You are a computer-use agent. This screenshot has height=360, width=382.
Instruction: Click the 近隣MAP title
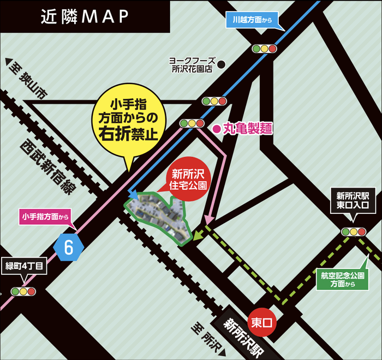pyautogui.click(x=85, y=16)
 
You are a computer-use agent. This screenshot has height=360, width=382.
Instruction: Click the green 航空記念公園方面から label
pyautogui.click(x=334, y=279)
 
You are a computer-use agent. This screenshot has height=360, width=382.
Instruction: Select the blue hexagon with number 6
pyautogui.click(x=69, y=247)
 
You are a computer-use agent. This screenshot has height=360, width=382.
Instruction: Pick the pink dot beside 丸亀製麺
pyautogui.click(x=216, y=129)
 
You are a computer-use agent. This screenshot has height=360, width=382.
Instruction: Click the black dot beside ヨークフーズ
pyautogui.click(x=222, y=64)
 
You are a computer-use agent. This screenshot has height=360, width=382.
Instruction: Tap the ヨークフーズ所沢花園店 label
pyautogui.click(x=192, y=65)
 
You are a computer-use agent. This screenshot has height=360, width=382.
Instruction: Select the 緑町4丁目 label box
pyautogui.click(x=25, y=267)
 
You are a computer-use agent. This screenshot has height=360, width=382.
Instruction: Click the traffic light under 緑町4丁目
pyautogui.click(x=22, y=291)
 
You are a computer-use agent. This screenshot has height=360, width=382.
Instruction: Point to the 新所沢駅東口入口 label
pyautogui.click(x=353, y=201)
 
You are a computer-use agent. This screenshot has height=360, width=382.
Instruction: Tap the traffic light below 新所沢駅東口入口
pyautogui.click(x=354, y=231)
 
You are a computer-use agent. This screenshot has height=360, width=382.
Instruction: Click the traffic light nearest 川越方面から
pyautogui.click(x=264, y=49)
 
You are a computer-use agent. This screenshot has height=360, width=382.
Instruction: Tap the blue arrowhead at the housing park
pyautogui.click(x=133, y=195)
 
